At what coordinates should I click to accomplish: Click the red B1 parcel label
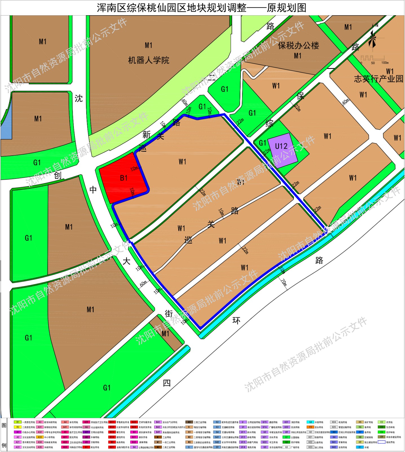124,178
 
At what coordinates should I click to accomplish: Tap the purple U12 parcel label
281,146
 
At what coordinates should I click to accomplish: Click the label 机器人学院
149,60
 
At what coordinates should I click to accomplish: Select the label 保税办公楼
298,46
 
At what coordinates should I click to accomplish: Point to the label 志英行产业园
378,79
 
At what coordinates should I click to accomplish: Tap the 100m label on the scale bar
385,63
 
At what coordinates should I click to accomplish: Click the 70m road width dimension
283,282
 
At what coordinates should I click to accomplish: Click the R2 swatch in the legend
17,427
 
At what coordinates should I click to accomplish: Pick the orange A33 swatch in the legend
40,437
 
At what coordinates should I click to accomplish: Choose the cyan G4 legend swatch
310,422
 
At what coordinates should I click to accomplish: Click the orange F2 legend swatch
310,427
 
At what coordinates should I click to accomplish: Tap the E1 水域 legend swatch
360,447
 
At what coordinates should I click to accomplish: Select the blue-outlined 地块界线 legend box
382,442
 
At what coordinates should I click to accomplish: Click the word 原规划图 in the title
287,8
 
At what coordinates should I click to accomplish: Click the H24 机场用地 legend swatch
334,422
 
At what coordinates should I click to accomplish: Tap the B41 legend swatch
158,422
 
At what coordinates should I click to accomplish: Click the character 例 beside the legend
4,445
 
